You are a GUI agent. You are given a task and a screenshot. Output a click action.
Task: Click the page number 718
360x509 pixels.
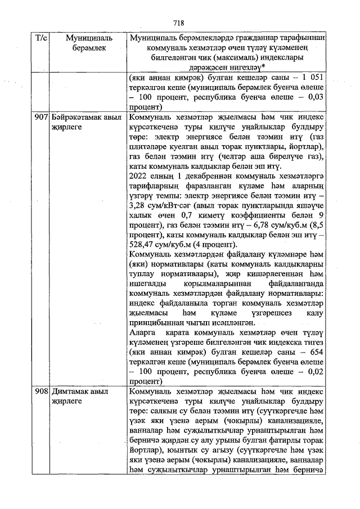(x=179, y=23)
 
